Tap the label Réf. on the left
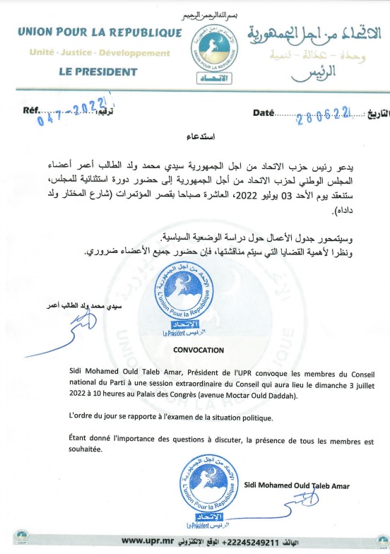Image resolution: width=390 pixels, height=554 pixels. [33, 112]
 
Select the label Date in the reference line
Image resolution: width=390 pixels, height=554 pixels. [262, 113]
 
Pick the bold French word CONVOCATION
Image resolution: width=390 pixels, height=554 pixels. [198, 350]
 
